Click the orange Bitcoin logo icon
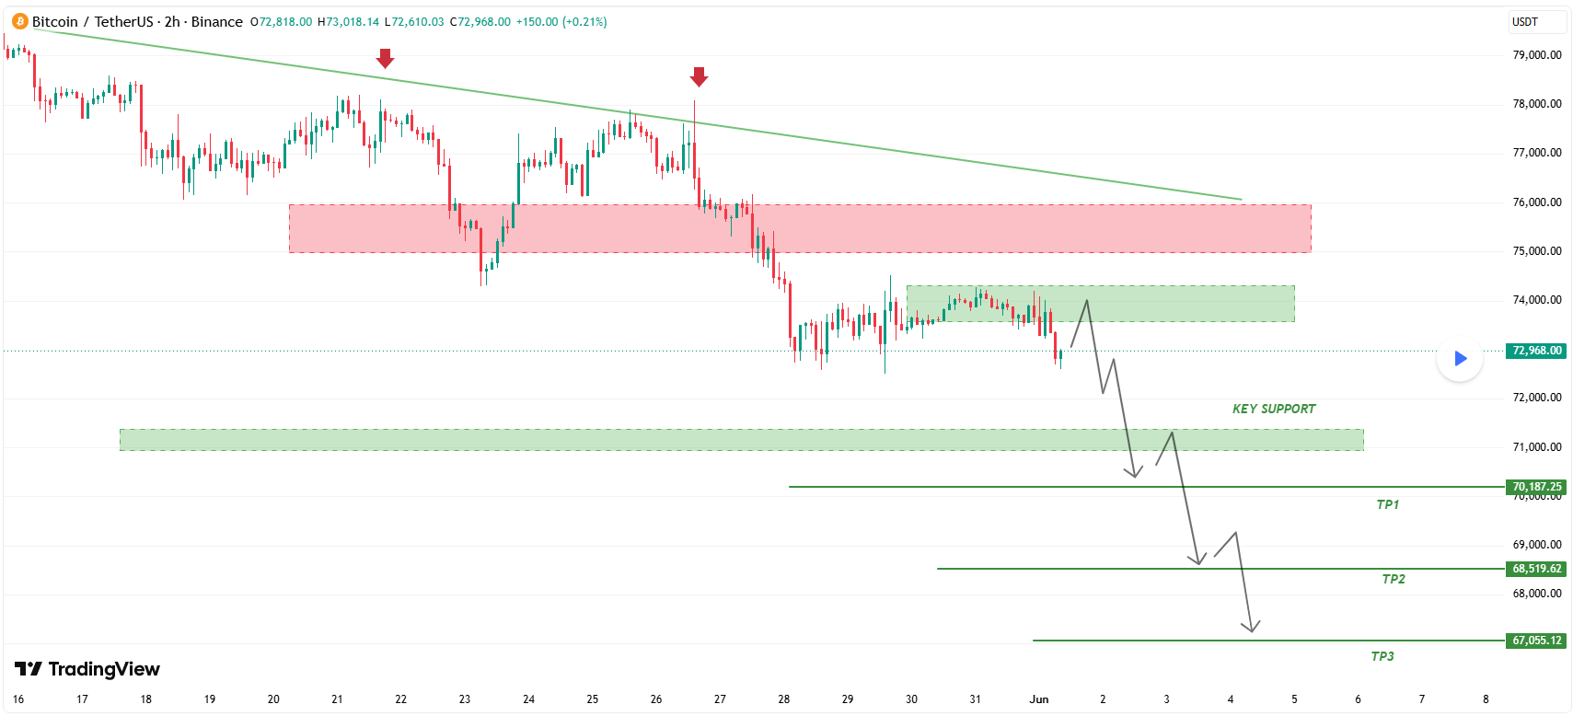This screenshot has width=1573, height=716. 19,22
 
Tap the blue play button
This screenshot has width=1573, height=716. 1460,359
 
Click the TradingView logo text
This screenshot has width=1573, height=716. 87,669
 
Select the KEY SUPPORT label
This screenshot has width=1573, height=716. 1274,409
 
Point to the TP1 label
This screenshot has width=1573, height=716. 1388,504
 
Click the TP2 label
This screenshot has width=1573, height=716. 1394,579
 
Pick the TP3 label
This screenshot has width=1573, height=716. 1382,656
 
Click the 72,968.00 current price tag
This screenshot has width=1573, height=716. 1536,351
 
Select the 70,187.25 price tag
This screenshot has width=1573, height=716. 1536,487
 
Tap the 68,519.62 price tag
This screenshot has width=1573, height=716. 1536,569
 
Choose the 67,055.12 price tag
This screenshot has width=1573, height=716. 1536,641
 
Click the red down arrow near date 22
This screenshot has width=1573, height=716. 384,59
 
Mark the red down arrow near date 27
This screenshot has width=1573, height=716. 698,77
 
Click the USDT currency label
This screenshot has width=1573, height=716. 1524,22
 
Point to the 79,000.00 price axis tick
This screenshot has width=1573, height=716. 1537,54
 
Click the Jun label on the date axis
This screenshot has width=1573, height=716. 1038,699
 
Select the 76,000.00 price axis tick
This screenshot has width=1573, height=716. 1537,202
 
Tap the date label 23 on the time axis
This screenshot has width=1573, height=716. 465,699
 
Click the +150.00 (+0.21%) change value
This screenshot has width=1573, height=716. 561,22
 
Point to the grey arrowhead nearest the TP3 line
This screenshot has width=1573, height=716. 1251,627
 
